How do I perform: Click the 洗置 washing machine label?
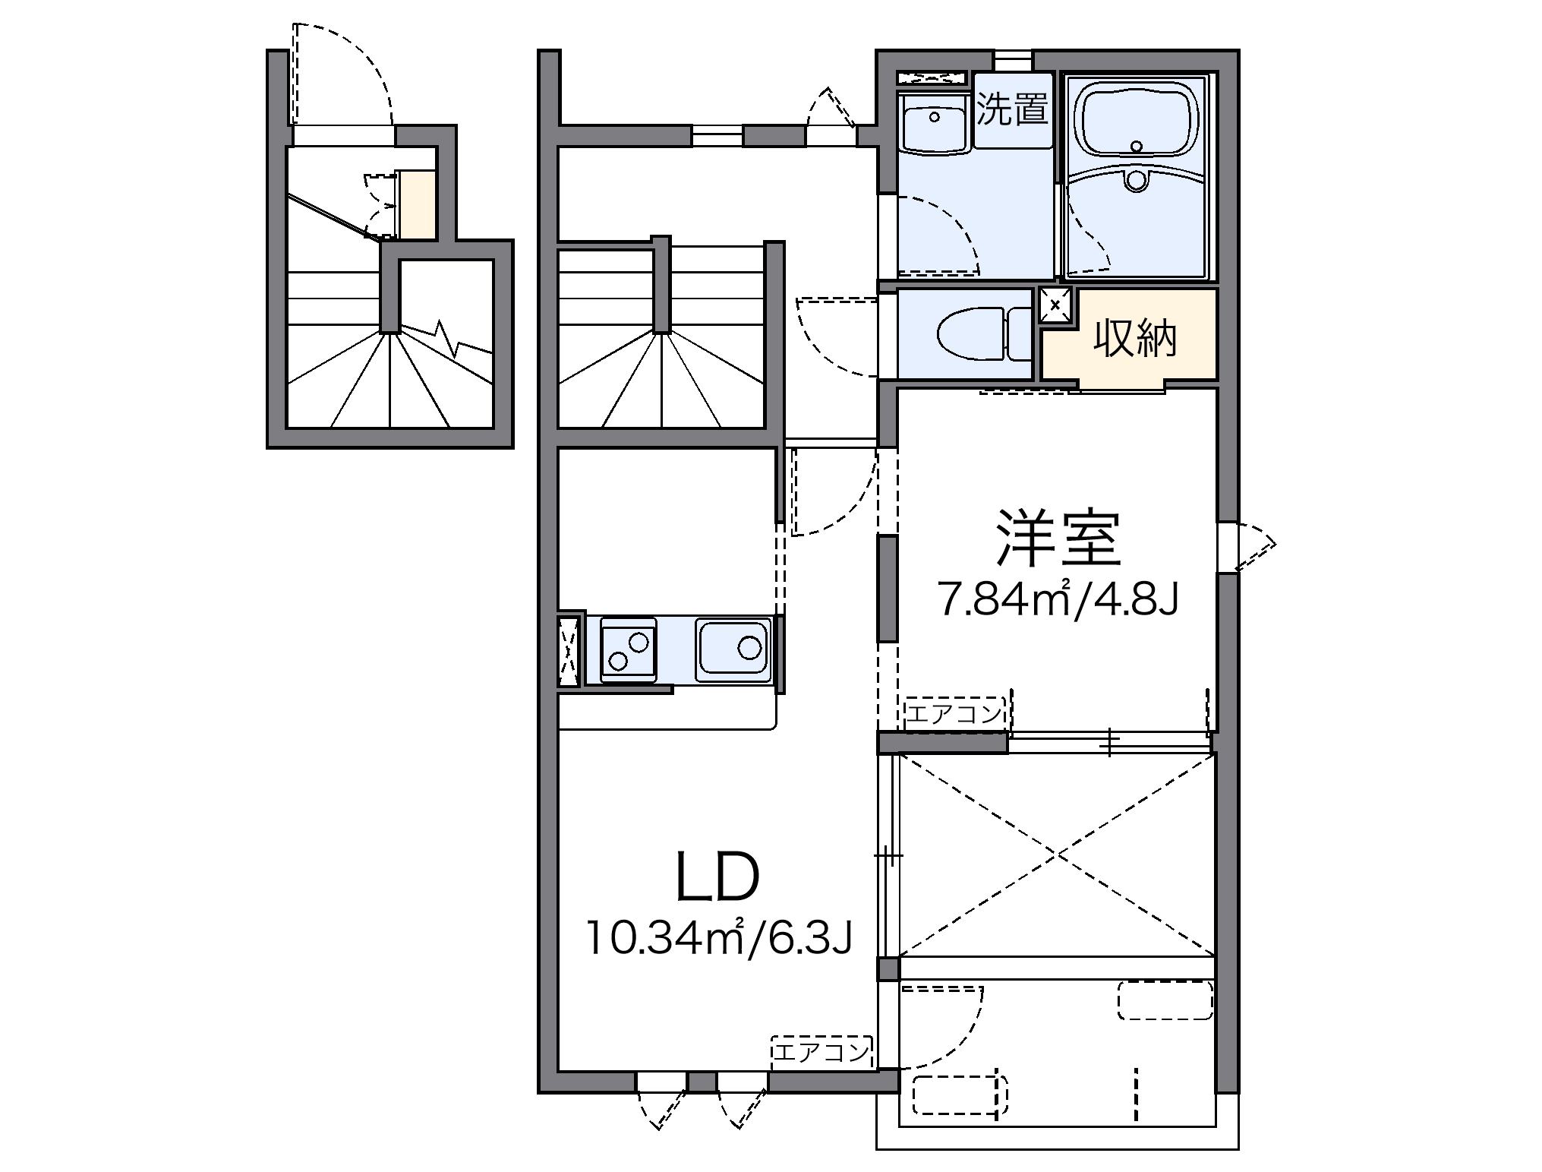click(x=1012, y=110)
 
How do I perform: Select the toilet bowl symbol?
click(x=972, y=334)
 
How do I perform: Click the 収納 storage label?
click(x=1134, y=340)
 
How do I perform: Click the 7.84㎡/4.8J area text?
click(x=1058, y=600)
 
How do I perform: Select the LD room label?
click(x=717, y=877)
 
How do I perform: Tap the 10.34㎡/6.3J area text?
click(x=717, y=939)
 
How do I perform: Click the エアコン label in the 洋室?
click(x=954, y=714)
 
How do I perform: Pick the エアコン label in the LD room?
click(x=820, y=1052)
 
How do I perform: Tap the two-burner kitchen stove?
click(x=628, y=649)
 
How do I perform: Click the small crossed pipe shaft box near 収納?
click(x=1055, y=305)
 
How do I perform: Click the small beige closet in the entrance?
click(x=418, y=204)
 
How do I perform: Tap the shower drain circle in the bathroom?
click(x=1136, y=180)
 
